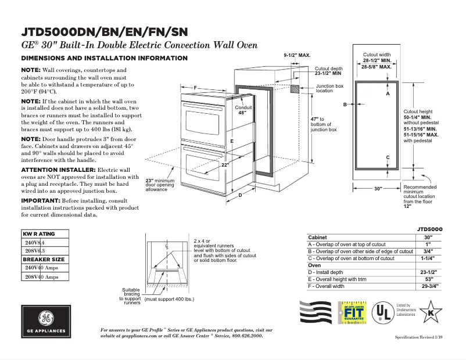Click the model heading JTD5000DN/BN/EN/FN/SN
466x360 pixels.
(x=105, y=31)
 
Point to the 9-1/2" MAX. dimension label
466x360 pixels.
(x=297, y=55)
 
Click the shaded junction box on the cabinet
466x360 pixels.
(x=295, y=90)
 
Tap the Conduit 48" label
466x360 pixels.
(x=243, y=110)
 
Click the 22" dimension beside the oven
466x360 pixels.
(x=225, y=165)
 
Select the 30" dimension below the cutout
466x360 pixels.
(x=378, y=189)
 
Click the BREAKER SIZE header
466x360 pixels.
(x=44, y=259)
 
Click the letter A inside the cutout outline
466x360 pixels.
(x=388, y=93)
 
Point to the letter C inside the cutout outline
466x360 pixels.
(x=388, y=157)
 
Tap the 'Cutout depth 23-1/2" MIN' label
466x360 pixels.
(x=328, y=71)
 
